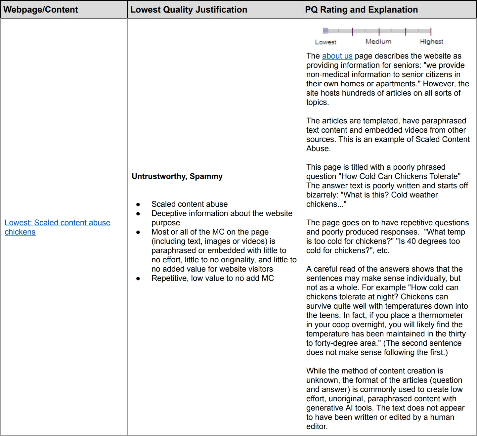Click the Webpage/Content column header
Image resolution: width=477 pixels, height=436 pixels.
[41, 10]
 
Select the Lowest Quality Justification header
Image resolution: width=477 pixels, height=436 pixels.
[189, 10]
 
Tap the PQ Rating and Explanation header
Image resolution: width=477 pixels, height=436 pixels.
[361, 10]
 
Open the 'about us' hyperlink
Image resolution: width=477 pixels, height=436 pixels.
[337, 56]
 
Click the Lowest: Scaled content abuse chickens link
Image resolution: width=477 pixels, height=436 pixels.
[57, 223]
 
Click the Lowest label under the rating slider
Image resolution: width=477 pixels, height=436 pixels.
[325, 42]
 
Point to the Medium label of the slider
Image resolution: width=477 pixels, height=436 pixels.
[378, 41]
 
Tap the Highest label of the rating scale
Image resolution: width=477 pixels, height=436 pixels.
[431, 41]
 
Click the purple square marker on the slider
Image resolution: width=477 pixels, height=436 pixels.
[325, 31]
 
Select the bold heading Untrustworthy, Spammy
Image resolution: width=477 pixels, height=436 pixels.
[177, 176]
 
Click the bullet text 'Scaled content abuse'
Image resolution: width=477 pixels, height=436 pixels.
[190, 204]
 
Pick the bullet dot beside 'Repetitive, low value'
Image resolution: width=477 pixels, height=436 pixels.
[138, 279]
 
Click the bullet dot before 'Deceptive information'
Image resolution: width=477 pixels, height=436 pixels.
[138, 214]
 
